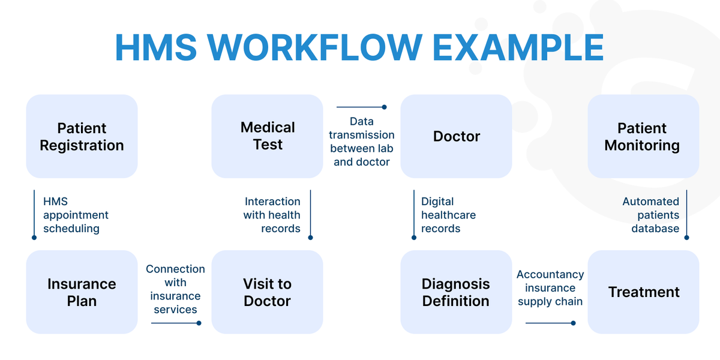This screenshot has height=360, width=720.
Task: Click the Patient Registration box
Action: click(x=82, y=136)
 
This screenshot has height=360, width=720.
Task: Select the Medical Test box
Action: click(x=267, y=136)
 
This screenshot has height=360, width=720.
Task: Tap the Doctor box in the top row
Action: click(x=456, y=136)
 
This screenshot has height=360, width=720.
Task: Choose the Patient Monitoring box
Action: click(x=643, y=136)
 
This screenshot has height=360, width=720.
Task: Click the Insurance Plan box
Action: click(x=82, y=292)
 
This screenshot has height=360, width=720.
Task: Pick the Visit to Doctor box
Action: click(x=267, y=292)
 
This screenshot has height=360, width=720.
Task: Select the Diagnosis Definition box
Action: click(x=456, y=292)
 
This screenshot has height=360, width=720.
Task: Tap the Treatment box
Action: click(x=643, y=292)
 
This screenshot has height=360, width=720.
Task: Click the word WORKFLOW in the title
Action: click(x=314, y=47)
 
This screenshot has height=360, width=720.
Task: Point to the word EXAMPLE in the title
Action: click(x=518, y=47)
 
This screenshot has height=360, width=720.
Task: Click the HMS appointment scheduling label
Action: click(x=76, y=215)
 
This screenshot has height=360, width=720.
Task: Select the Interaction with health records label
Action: click(x=272, y=215)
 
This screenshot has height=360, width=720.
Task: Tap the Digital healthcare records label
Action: click(x=448, y=215)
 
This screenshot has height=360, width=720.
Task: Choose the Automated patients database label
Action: click(x=651, y=215)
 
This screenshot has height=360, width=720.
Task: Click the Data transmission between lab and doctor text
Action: click(x=362, y=142)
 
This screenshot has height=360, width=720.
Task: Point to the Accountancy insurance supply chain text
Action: click(x=550, y=288)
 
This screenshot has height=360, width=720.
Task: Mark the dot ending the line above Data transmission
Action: click(x=384, y=107)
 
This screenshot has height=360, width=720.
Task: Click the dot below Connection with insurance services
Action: click(x=199, y=323)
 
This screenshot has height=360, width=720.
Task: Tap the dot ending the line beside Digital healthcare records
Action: click(x=414, y=238)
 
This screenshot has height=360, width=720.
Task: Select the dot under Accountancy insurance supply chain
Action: click(x=573, y=323)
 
